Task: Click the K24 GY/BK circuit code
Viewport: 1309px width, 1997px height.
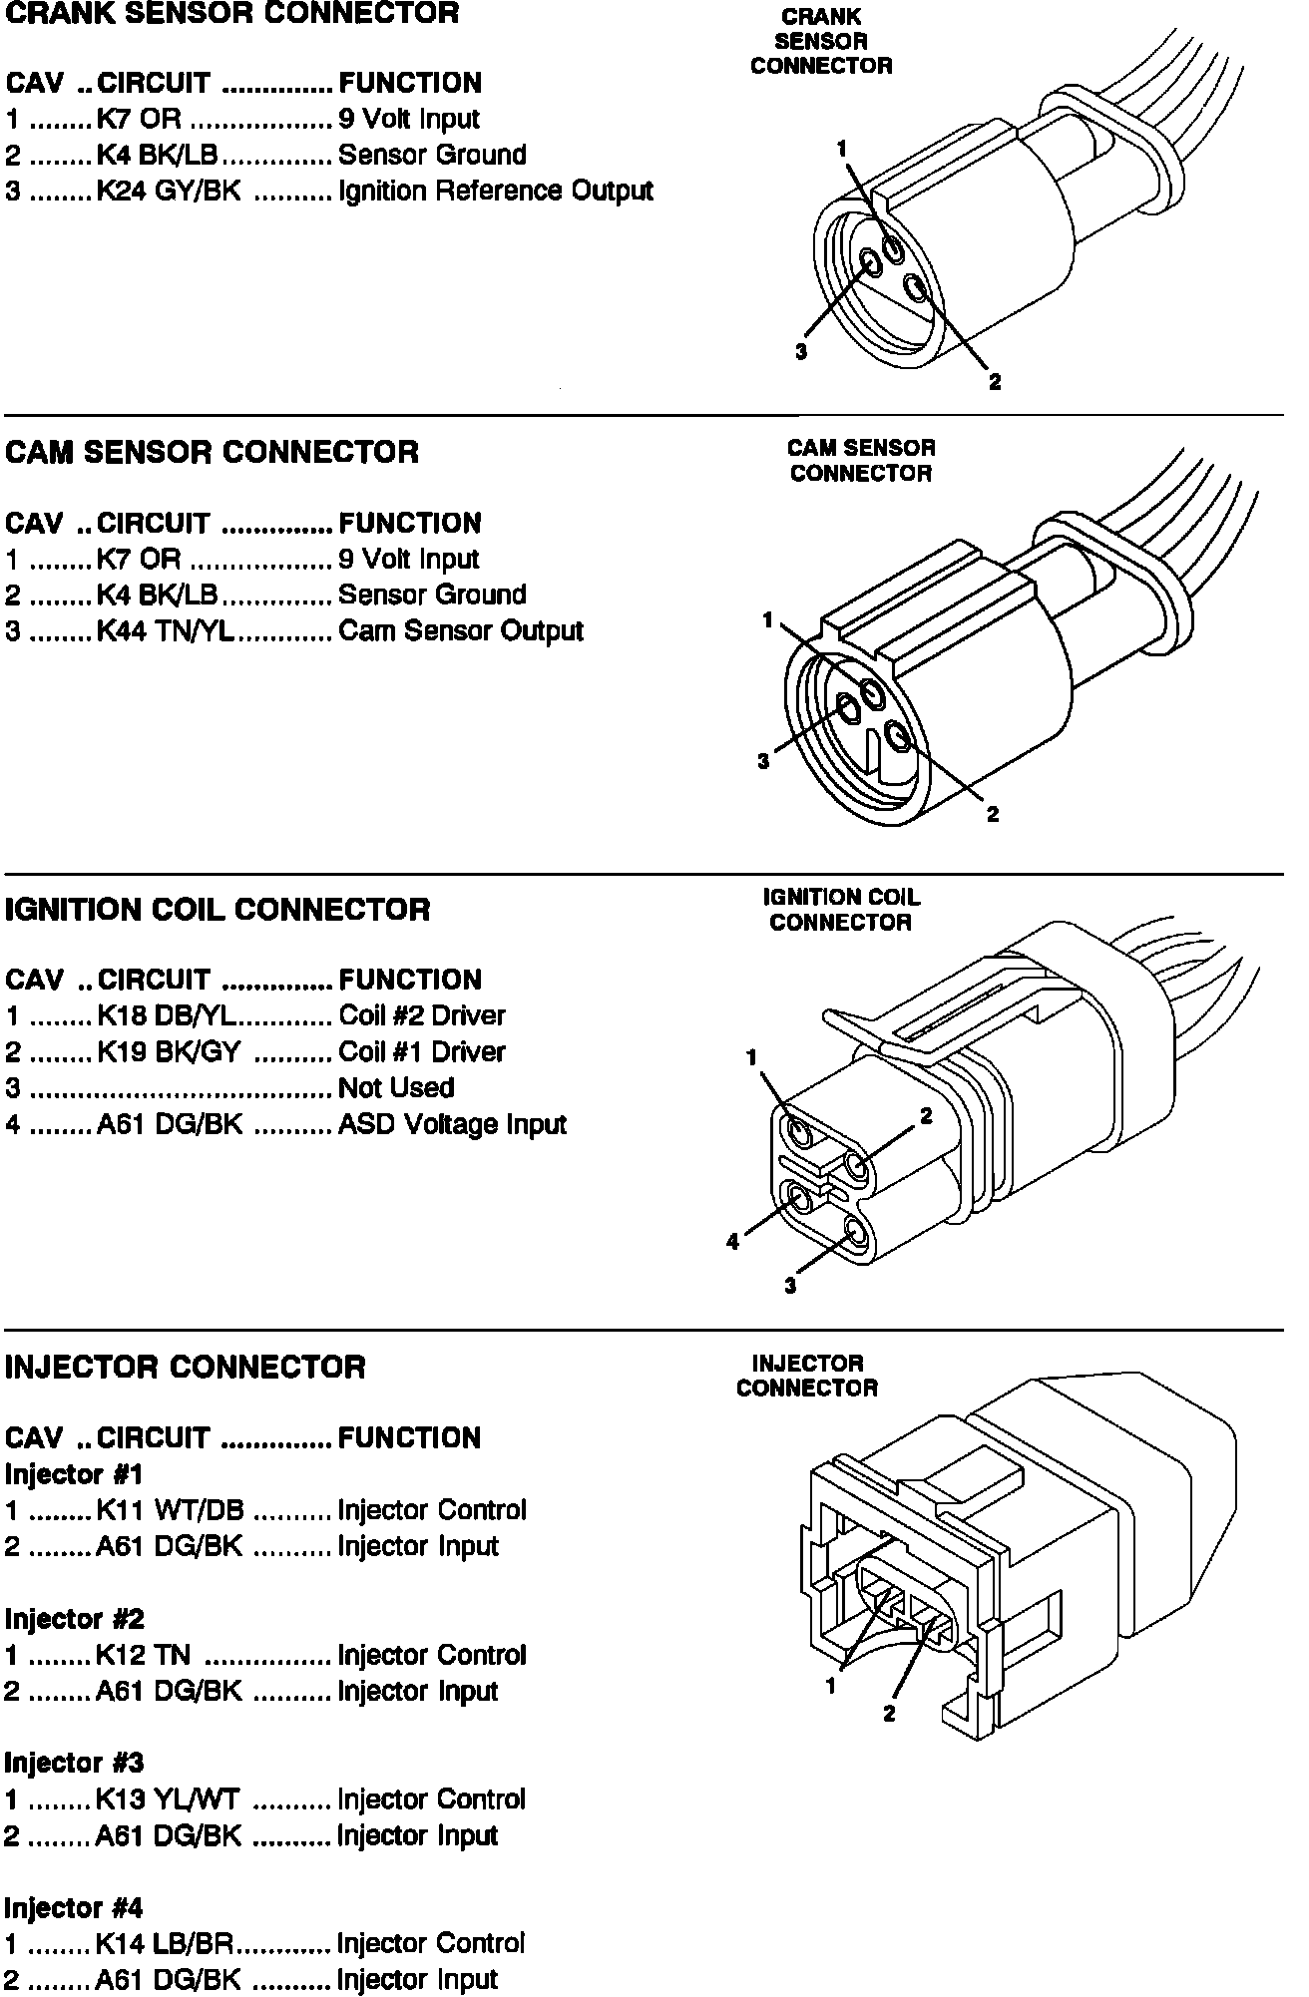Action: point(169,191)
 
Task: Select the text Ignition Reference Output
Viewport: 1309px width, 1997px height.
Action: point(496,191)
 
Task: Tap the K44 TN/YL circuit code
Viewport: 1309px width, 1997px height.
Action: point(166,630)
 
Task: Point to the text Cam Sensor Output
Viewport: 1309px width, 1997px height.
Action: point(461,630)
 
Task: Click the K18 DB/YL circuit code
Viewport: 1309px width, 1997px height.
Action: point(167,1015)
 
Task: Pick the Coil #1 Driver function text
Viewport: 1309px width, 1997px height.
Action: point(422,1051)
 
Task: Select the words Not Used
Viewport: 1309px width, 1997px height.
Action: point(396,1087)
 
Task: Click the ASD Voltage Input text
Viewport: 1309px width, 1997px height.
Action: point(452,1124)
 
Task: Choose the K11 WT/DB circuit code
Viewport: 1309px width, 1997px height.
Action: point(170,1510)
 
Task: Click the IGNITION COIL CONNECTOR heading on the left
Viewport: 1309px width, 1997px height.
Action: point(218,910)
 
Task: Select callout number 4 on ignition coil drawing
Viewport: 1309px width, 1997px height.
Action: point(733,1242)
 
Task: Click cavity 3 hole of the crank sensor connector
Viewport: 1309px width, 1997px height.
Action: point(872,263)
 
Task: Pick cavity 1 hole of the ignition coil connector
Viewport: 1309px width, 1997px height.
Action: point(800,1132)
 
